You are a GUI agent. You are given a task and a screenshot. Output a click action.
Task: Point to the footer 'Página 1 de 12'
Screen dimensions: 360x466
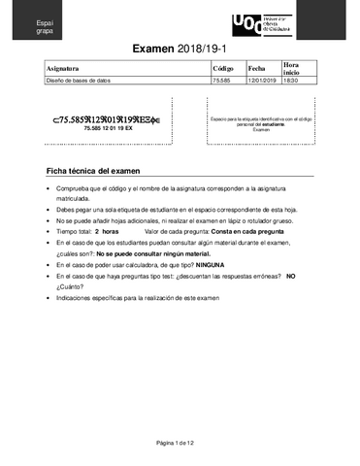[180, 443]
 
